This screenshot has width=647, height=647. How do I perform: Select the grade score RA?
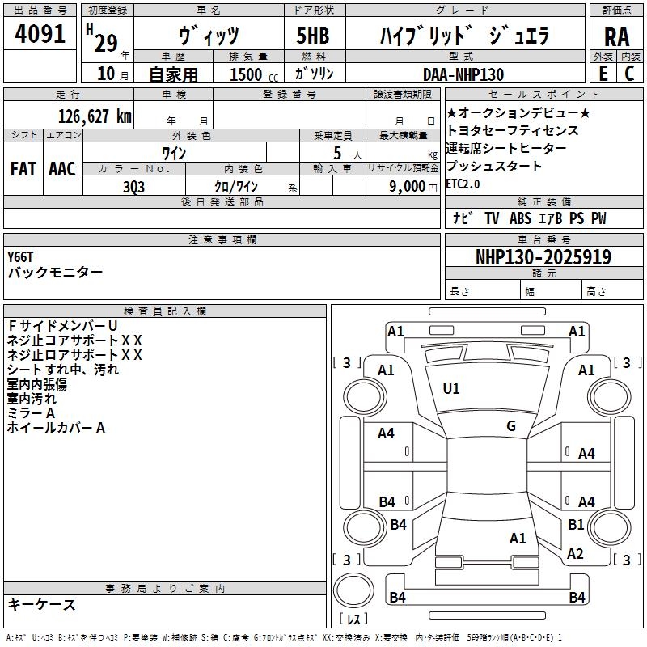click(x=616, y=37)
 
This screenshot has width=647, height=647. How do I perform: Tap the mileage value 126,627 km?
click(x=95, y=116)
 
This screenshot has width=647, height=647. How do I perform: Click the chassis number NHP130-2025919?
click(x=543, y=257)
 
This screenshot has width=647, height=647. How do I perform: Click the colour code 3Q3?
click(x=134, y=186)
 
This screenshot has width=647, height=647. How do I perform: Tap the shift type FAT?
click(x=23, y=169)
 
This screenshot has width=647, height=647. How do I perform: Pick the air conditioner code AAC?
click(x=62, y=169)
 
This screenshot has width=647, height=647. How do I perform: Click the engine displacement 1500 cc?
click(x=251, y=74)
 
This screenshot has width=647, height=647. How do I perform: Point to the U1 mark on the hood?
click(x=451, y=389)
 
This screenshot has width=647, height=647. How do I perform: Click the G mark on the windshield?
click(x=511, y=426)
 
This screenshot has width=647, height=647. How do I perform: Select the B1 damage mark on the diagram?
click(x=576, y=524)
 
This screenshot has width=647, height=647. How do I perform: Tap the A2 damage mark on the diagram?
click(x=575, y=554)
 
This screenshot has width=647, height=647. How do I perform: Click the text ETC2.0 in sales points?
click(x=463, y=184)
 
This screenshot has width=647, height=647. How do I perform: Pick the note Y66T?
click(x=21, y=256)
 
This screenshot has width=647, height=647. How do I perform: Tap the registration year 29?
click(x=105, y=43)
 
